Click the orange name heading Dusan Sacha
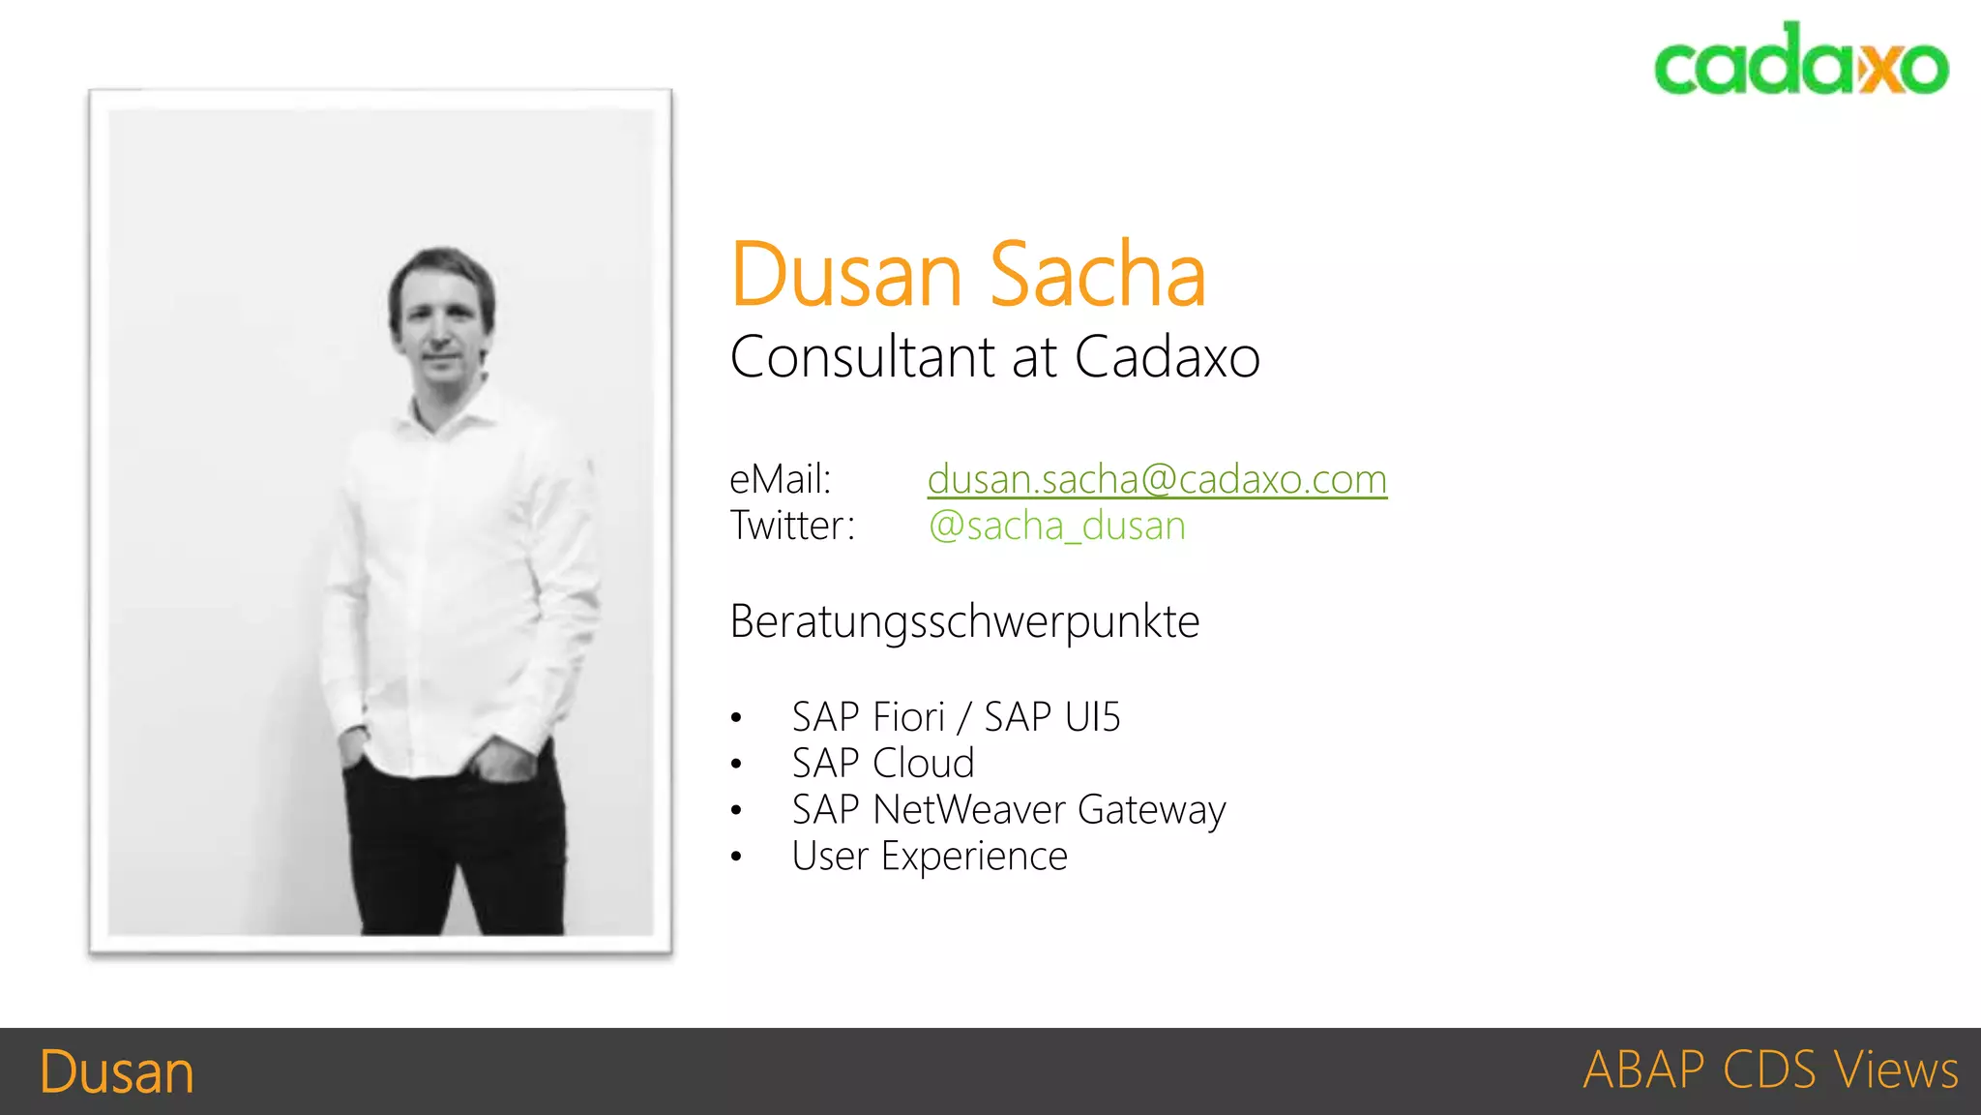[x=968, y=275]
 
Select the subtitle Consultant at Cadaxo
[x=994, y=357]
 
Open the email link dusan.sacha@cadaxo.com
[x=1157, y=479]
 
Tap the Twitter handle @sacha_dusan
[x=1056, y=526]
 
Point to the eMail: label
[x=780, y=479]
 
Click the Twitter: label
[x=792, y=526]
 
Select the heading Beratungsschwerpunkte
[x=964, y=621]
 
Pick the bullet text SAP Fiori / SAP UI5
[x=956, y=717]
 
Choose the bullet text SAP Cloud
[x=882, y=764]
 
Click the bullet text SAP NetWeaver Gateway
[x=1008, y=810]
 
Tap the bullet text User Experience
[x=929, y=857]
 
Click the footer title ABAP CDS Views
[x=1770, y=1070]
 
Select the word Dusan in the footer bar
[x=117, y=1072]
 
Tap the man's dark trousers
[x=455, y=842]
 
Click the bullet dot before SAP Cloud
[x=736, y=765]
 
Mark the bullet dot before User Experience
[x=736, y=857]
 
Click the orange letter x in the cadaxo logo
[x=1881, y=68]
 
